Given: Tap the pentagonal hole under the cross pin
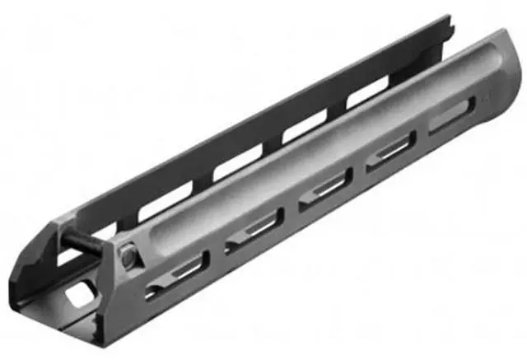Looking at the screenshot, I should point(83,292).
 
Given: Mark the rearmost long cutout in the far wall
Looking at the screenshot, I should point(371,93).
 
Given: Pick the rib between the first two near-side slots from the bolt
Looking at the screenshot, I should point(216,256).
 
